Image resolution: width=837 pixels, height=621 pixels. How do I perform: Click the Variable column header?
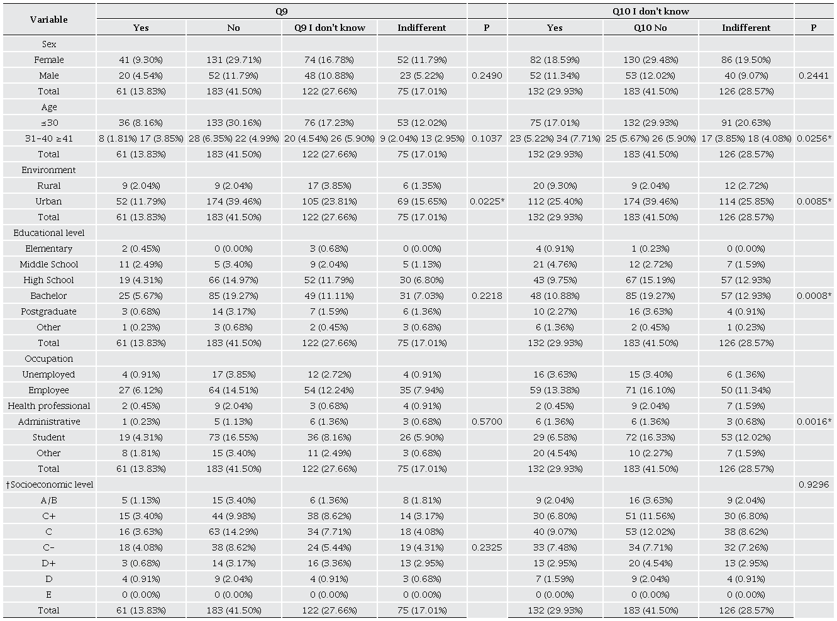pyautogui.click(x=49, y=20)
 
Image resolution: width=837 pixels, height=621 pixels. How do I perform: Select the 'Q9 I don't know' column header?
pyautogui.click(x=330, y=28)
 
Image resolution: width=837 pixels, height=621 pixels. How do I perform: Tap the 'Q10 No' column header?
pyautogui.click(x=650, y=28)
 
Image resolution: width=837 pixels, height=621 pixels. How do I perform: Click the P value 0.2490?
pyautogui.click(x=487, y=76)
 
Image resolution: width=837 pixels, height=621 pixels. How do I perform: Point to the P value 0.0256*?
pyautogui.click(x=813, y=138)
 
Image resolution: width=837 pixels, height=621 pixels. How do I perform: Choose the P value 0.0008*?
pyautogui.click(x=813, y=296)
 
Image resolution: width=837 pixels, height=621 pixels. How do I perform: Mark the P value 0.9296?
pyautogui.click(x=813, y=484)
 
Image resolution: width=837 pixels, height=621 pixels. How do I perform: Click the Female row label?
pyautogui.click(x=49, y=60)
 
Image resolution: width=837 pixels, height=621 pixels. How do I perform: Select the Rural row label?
pyautogui.click(x=49, y=186)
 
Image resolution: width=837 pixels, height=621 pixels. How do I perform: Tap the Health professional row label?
pyautogui.click(x=49, y=406)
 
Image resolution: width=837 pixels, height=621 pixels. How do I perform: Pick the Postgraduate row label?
pyautogui.click(x=49, y=311)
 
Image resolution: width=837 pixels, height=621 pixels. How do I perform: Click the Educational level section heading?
pyautogui.click(x=49, y=233)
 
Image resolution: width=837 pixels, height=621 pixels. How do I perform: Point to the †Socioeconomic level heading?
pyautogui.click(x=49, y=484)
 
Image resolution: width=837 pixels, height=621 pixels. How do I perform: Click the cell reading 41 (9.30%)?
pyautogui.click(x=141, y=60)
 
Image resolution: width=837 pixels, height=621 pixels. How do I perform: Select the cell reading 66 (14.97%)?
pyautogui.click(x=233, y=280)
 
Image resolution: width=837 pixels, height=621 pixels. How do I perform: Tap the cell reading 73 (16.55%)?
pyautogui.click(x=233, y=437)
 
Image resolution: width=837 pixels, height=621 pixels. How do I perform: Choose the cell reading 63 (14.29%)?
pyautogui.click(x=233, y=532)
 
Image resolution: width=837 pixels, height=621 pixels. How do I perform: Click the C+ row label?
pyautogui.click(x=49, y=516)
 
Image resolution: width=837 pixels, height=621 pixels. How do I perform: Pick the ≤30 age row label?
pyautogui.click(x=49, y=123)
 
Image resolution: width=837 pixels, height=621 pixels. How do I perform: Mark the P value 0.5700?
pyautogui.click(x=487, y=422)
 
